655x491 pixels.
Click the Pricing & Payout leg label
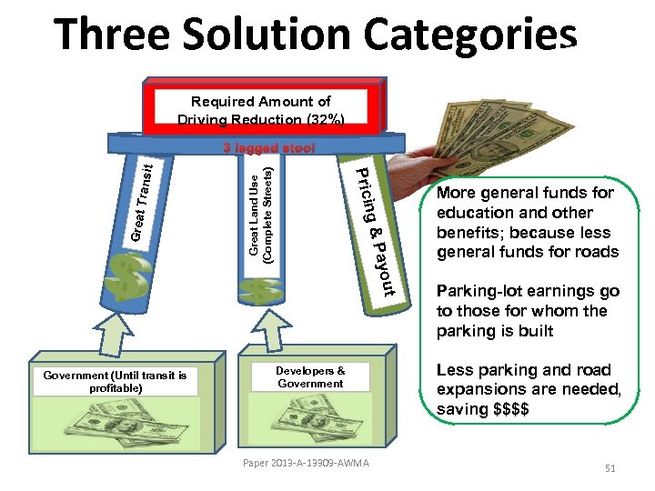coord(374,232)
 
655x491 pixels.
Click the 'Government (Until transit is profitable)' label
coord(115,382)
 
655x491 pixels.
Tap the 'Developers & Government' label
coord(310,377)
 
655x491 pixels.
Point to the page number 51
coord(610,468)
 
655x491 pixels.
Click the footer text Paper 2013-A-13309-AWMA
coord(306,464)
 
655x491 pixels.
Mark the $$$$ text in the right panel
coord(516,409)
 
